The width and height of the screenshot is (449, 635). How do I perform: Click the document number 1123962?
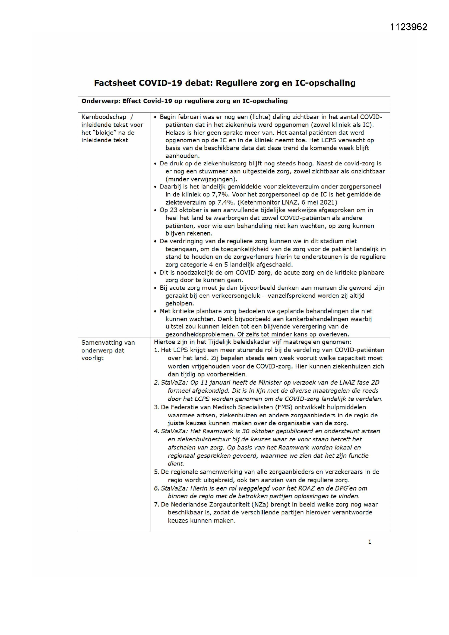click(x=408, y=27)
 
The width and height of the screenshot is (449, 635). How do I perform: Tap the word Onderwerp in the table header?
click(x=100, y=101)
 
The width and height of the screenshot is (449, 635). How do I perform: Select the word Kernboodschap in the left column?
click(x=104, y=117)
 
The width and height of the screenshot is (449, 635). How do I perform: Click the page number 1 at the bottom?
click(x=370, y=542)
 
